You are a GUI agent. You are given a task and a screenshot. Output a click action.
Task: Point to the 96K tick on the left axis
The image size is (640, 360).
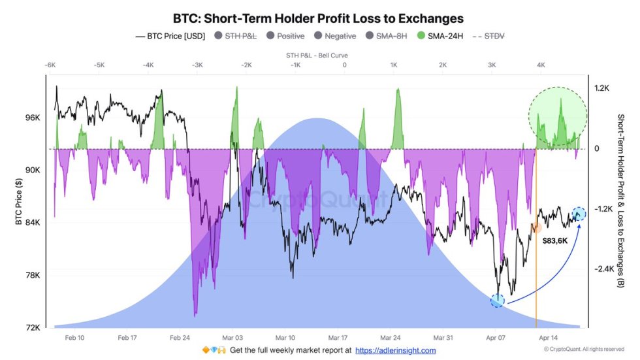(x=33, y=118)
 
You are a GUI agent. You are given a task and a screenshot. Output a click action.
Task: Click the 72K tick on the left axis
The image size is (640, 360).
(x=33, y=327)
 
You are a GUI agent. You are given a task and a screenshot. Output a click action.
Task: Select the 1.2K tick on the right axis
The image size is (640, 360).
(x=601, y=88)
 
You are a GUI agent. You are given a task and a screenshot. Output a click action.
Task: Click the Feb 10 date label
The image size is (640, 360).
(x=74, y=338)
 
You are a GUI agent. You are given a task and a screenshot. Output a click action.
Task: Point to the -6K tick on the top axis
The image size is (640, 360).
(x=50, y=65)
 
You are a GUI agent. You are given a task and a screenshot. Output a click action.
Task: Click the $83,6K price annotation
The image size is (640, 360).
(x=555, y=240)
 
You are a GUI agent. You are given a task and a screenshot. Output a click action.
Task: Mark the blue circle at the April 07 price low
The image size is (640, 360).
(x=498, y=300)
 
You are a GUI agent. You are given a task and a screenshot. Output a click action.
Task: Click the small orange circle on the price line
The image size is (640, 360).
(x=536, y=227)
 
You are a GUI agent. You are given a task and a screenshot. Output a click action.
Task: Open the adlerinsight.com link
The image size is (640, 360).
(x=395, y=351)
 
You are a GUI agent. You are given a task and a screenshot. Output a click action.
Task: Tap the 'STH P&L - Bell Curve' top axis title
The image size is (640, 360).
(x=317, y=56)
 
